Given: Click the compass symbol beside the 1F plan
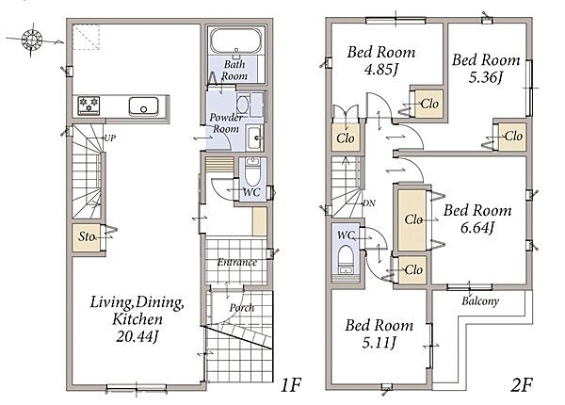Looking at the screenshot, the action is (x=32, y=39).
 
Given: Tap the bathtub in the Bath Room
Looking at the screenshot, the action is (x=236, y=40).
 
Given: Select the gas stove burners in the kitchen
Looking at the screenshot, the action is (x=89, y=105).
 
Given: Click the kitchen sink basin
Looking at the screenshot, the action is (x=143, y=106).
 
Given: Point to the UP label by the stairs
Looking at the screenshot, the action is (x=109, y=138).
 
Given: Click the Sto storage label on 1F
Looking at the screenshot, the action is (x=87, y=236).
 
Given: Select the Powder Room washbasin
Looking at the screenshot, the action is (x=255, y=138).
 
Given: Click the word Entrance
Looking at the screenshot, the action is (x=236, y=262).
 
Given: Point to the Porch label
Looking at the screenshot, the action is (x=242, y=307).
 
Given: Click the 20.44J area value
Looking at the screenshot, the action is (x=137, y=336).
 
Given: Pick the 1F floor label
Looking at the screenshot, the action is (x=290, y=385).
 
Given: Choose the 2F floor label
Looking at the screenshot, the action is (x=522, y=385).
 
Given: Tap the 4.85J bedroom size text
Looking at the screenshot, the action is (x=380, y=69).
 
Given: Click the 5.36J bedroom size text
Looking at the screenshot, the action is (x=485, y=77).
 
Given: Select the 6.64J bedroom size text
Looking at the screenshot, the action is (x=476, y=228).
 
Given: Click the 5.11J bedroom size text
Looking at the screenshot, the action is (x=379, y=342).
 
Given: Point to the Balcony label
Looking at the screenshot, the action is (x=480, y=300).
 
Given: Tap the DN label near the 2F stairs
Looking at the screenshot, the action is (x=368, y=203).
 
